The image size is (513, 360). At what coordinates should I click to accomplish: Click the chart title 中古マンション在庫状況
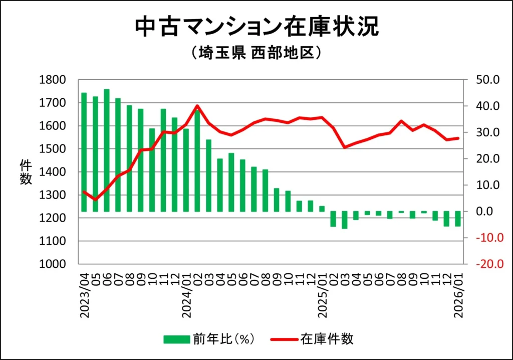point(256,27)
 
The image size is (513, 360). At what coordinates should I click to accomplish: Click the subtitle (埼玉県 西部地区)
point(256,53)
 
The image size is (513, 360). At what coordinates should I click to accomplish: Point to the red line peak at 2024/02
point(197,106)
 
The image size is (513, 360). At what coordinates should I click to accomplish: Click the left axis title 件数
point(26,172)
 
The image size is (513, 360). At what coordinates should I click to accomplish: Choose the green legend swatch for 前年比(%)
point(176,339)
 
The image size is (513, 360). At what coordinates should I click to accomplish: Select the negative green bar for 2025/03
point(344,220)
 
